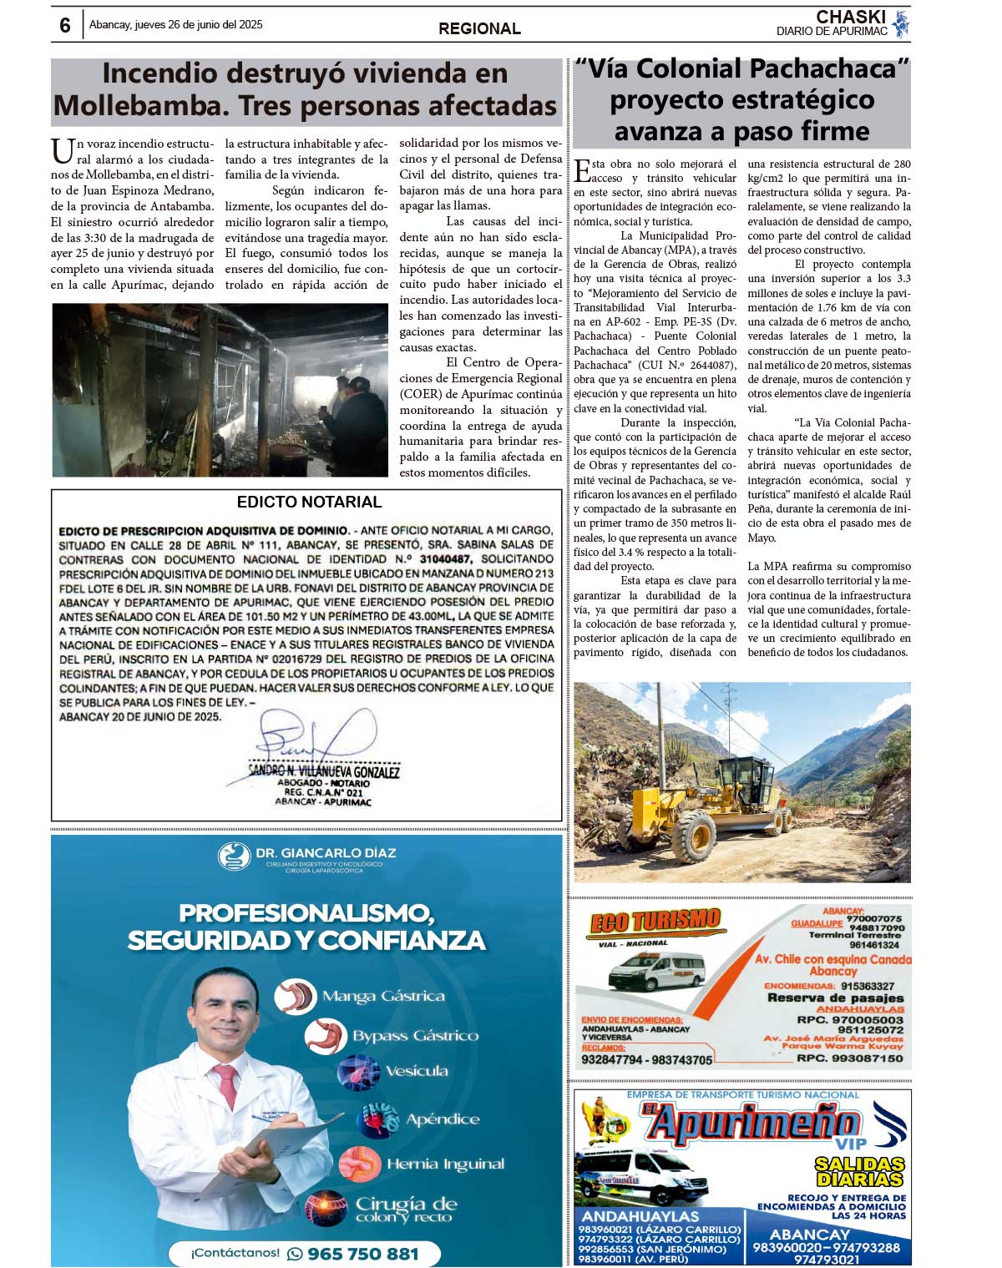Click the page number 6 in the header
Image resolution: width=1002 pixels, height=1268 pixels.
tap(65, 25)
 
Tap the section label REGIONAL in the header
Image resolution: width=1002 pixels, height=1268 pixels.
tap(479, 28)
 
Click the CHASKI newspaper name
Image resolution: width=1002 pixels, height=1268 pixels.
tap(850, 17)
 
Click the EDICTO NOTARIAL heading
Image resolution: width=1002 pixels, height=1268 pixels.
tap(309, 502)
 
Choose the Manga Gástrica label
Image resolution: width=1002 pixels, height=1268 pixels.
tap(382, 996)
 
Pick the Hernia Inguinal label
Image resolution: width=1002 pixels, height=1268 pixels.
tap(445, 1164)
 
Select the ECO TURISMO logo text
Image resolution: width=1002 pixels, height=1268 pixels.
tap(655, 921)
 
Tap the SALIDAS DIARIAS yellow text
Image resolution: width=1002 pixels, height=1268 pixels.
tap(860, 1171)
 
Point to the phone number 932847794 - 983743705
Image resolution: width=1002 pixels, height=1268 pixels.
tap(646, 1060)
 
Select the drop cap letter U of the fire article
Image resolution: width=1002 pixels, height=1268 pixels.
tap(62, 151)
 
